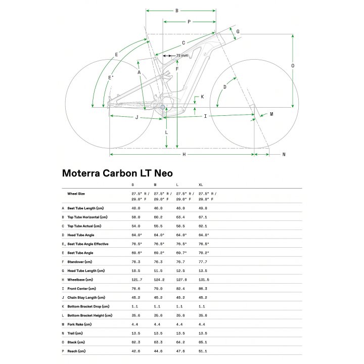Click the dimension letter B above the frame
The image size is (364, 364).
point(177,11)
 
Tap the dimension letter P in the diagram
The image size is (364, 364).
point(189,22)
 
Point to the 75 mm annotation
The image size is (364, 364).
point(182,56)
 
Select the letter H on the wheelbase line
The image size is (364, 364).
point(184,154)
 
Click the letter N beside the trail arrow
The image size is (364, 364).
point(284,154)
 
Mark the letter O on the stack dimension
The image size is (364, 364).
point(293,66)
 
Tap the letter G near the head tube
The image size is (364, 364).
point(238,31)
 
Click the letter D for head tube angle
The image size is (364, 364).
point(224,87)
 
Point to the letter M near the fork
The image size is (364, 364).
point(271,114)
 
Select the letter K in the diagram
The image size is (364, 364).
point(202,97)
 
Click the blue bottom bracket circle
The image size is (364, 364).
point(162,107)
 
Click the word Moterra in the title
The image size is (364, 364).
point(81,173)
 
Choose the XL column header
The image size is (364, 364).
point(201,185)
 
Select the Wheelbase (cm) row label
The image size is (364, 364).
point(80,280)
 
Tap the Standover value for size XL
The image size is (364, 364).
point(203,262)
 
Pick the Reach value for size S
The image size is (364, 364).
point(136,351)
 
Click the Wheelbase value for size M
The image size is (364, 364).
point(159,280)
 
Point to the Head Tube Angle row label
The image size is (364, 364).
point(81,235)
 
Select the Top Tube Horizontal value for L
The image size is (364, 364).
point(180,217)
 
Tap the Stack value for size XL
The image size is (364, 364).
point(203,342)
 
